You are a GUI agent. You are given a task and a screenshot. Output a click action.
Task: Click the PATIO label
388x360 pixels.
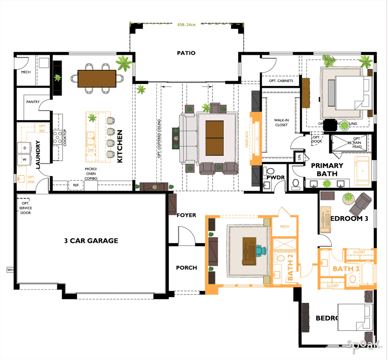point(186,53)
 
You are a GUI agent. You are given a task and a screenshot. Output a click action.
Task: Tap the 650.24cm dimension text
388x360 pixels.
point(186,25)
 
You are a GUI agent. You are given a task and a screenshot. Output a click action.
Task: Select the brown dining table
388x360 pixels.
point(97,79)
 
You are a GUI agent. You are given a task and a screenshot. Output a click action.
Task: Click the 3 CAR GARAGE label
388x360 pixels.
point(91,241)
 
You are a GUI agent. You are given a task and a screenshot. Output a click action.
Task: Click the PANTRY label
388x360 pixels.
point(33,102)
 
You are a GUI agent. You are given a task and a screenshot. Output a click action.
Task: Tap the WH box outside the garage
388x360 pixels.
point(10,269)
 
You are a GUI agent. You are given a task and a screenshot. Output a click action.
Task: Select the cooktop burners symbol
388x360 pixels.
point(58,137)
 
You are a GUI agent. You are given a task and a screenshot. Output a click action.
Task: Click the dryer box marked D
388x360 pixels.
point(25,148)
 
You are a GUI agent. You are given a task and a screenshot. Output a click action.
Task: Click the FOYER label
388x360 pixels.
point(186,215)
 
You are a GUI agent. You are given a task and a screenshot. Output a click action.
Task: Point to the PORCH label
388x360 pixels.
point(187,268)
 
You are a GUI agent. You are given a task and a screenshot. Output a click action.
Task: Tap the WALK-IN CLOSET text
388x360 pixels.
point(281,123)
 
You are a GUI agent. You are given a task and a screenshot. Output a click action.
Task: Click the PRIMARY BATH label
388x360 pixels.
point(327,169)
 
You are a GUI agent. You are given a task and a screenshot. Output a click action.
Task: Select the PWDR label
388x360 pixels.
point(275,178)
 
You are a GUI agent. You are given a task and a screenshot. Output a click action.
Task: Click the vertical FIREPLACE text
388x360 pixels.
point(247,139)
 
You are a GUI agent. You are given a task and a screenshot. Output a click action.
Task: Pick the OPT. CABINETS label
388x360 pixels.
point(281,81)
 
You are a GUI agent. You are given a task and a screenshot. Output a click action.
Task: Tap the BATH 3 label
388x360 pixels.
point(346,269)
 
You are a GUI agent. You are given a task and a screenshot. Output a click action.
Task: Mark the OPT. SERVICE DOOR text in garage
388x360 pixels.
point(26,208)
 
